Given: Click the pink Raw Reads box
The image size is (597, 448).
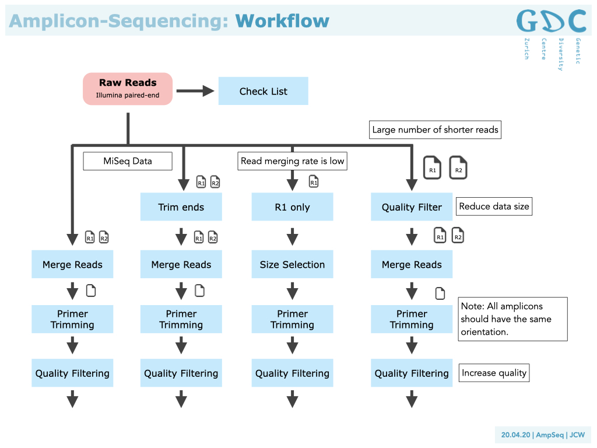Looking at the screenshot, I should click(x=128, y=89).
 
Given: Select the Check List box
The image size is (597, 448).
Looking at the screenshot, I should click(x=263, y=91).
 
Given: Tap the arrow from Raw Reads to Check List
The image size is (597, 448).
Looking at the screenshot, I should click(x=195, y=90).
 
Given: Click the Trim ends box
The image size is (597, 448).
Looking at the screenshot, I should click(x=181, y=207).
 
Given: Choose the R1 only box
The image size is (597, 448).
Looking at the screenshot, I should click(x=292, y=207).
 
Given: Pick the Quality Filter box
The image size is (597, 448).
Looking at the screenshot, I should click(x=412, y=207).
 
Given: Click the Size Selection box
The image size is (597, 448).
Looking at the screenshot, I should click(x=292, y=264).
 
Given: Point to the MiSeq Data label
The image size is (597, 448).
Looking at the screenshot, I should click(x=128, y=161).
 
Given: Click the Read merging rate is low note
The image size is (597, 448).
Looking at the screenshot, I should click(x=292, y=161).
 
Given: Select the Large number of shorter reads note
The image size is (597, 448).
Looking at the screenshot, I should click(x=436, y=129).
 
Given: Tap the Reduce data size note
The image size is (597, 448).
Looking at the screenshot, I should click(x=494, y=206).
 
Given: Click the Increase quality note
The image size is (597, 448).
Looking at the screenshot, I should click(x=494, y=373).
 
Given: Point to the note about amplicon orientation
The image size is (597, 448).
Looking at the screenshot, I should click(x=512, y=319).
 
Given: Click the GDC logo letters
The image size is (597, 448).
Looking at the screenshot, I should click(x=551, y=22).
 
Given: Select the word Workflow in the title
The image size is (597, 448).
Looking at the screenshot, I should click(x=282, y=21).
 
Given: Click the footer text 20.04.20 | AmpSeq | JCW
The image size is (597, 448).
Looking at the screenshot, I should click(x=543, y=435).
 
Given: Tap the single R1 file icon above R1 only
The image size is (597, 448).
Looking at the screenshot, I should click(x=314, y=182).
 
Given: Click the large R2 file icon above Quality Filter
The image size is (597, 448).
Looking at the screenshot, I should click(x=458, y=168).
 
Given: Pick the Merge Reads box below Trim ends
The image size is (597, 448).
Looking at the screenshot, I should click(x=181, y=264).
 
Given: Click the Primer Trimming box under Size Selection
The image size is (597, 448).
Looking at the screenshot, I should click(x=292, y=319).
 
